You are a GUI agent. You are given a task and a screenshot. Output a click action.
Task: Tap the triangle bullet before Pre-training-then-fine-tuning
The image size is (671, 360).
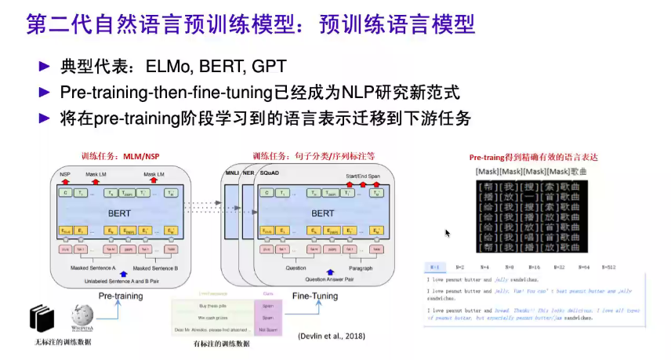coord(45,92)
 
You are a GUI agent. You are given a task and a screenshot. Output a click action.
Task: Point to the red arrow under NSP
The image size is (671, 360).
coord(65,182)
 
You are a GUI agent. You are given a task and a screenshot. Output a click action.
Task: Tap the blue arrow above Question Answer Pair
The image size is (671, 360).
coord(325,271)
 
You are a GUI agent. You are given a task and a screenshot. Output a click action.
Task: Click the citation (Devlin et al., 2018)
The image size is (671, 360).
coord(332,336)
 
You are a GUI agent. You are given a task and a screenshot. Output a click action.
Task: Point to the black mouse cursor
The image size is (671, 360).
coord(448,234)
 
